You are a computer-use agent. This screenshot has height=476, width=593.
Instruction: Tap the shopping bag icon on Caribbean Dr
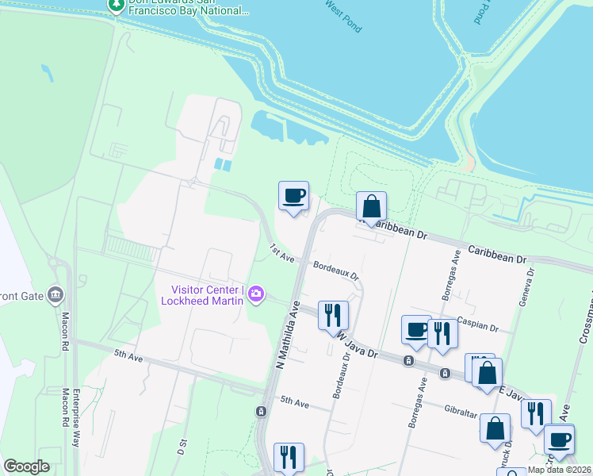[371, 207]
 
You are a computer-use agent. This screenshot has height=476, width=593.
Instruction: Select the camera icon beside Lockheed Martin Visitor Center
[256, 294]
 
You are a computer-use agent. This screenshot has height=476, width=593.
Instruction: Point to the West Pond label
[342, 17]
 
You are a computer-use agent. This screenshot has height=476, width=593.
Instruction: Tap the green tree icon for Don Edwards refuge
[117, 6]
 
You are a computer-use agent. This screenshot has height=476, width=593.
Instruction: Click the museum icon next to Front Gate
[55, 295]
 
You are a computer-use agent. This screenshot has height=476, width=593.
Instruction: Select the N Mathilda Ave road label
[287, 334]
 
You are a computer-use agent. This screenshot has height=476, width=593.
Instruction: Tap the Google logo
[26, 466]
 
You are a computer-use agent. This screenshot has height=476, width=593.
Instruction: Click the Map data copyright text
[559, 470]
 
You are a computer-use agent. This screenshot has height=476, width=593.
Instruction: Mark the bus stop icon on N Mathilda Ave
[261, 411]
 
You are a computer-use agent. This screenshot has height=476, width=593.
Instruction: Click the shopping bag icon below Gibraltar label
[495, 428]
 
